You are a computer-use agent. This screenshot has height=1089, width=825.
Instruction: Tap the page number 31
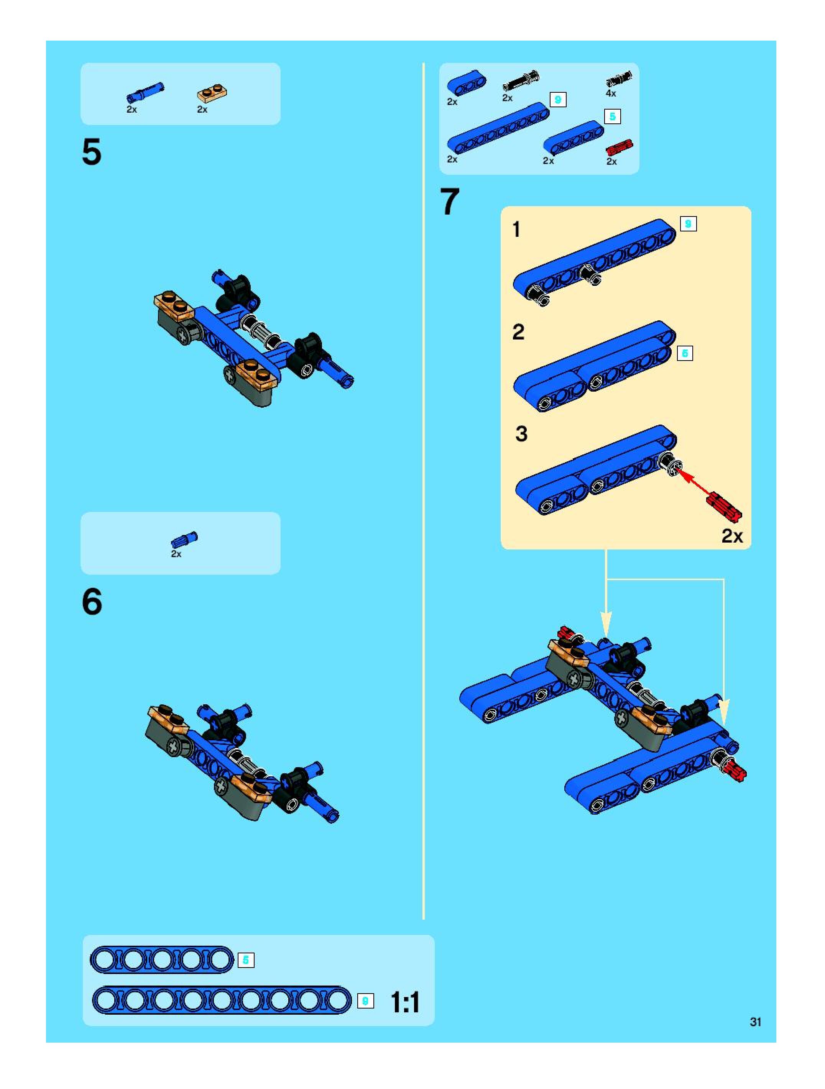756,1022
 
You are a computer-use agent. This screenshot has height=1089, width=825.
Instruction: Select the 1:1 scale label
405,1002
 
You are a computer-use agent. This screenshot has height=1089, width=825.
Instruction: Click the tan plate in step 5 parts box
212,93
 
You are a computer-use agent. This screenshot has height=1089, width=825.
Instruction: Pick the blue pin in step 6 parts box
184,540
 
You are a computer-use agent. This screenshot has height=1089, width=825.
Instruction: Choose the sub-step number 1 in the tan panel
516,230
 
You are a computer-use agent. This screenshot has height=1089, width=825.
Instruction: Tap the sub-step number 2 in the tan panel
518,332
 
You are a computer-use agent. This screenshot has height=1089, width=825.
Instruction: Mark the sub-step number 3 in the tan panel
521,434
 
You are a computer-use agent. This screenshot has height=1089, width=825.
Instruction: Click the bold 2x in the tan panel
732,536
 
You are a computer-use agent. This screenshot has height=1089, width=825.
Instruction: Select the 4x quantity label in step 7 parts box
611,93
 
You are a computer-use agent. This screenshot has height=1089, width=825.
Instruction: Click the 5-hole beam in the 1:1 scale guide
161,959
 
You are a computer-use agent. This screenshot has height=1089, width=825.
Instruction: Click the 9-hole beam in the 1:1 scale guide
222,1000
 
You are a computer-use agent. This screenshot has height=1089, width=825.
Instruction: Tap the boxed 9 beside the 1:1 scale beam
365,1001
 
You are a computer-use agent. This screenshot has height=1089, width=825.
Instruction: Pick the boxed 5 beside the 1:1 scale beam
246,960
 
